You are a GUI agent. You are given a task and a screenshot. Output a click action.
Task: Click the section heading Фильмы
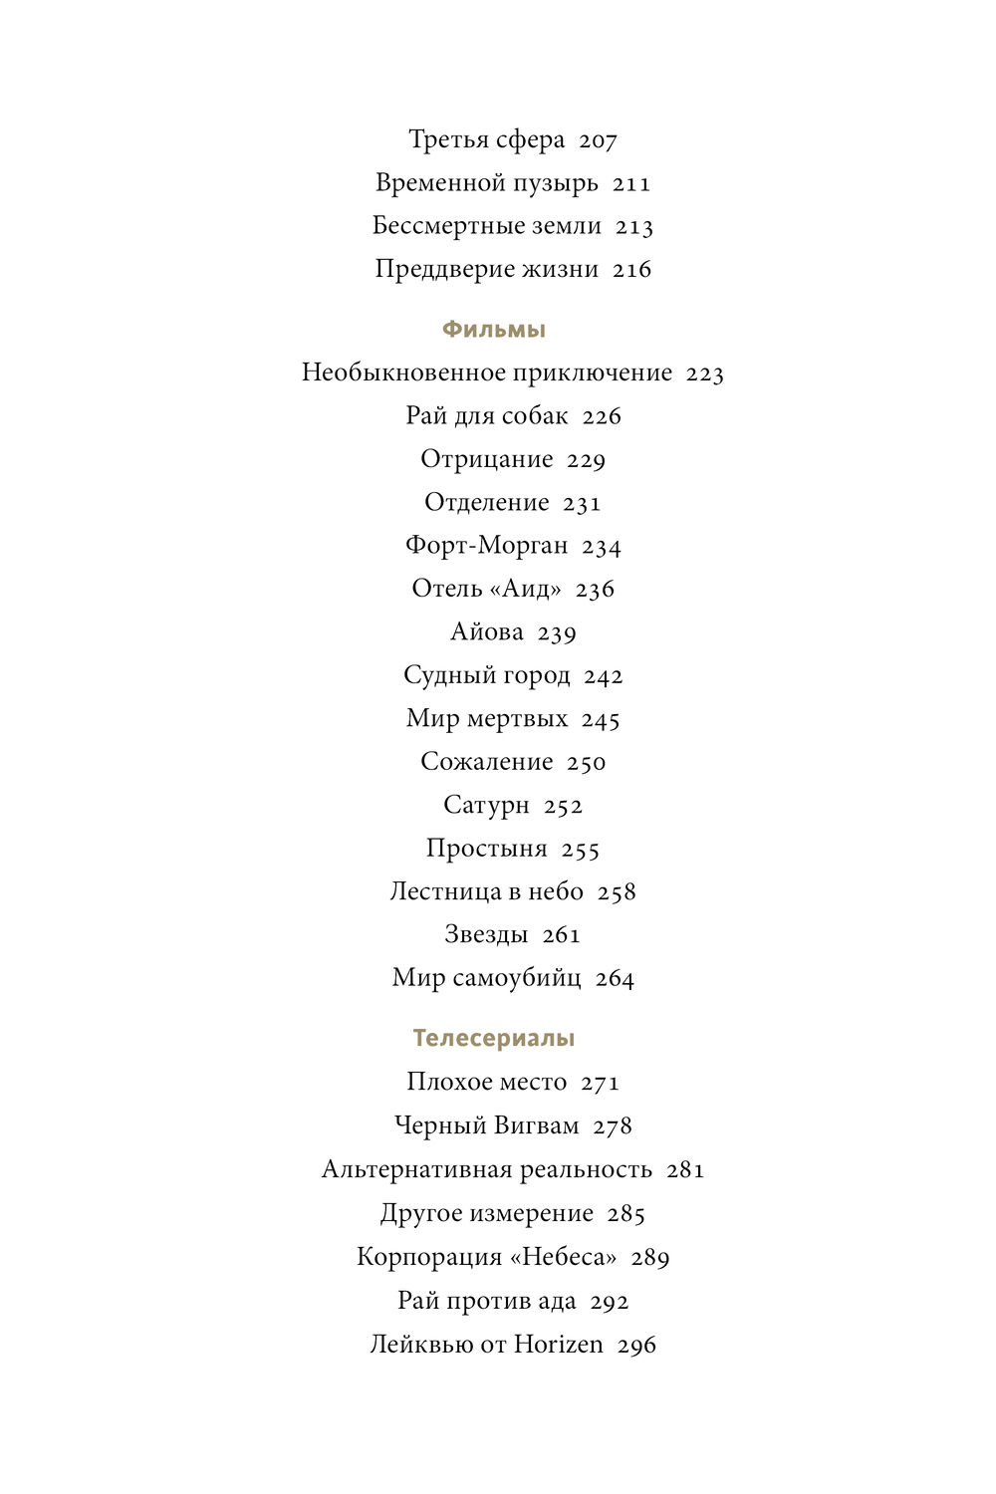pos(494,330)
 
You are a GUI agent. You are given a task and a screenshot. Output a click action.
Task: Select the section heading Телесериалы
pos(494,1038)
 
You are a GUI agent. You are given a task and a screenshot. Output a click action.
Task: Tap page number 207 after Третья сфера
pos(598,141)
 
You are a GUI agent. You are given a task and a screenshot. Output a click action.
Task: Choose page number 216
pos(631,270)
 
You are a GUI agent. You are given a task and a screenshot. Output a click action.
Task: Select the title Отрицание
pos(486,459)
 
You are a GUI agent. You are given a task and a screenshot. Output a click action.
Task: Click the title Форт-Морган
pos(486,546)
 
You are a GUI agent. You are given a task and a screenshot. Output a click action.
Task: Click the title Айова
pos(486,632)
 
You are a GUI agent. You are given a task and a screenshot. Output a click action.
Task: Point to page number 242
pos(604,676)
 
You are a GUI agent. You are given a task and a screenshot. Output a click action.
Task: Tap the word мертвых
pos(517,719)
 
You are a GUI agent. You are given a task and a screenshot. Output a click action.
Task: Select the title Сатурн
pos(486,805)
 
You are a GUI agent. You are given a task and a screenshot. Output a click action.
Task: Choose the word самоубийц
pos(517,978)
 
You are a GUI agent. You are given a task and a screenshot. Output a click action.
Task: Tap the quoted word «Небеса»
pos(564,1257)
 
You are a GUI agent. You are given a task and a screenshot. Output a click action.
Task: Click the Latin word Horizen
pos(559,1345)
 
